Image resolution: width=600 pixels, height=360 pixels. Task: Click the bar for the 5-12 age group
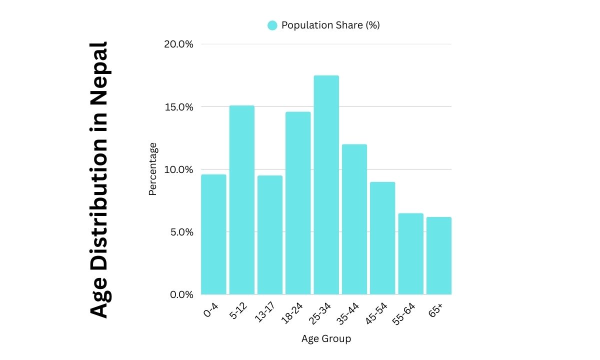click(x=242, y=200)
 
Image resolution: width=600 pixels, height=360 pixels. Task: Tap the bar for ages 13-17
click(x=270, y=234)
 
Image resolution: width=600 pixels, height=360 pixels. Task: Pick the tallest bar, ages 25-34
click(x=326, y=184)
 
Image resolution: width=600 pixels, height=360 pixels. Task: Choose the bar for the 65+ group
click(x=439, y=255)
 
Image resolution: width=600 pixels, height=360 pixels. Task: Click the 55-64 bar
click(x=411, y=253)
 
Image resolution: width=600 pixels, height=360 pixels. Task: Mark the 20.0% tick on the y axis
click(x=178, y=44)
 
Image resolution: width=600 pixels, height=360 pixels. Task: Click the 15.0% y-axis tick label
click(x=178, y=107)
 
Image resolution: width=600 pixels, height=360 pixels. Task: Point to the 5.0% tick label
click(x=180, y=232)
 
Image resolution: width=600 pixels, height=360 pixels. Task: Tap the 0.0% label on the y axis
click(x=180, y=294)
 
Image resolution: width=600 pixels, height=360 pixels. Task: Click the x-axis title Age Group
click(x=326, y=338)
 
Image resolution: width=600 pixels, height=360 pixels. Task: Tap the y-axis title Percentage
click(x=153, y=169)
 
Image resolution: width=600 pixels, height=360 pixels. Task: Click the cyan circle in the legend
click(x=272, y=25)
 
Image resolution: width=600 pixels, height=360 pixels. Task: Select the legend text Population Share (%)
click(x=330, y=25)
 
